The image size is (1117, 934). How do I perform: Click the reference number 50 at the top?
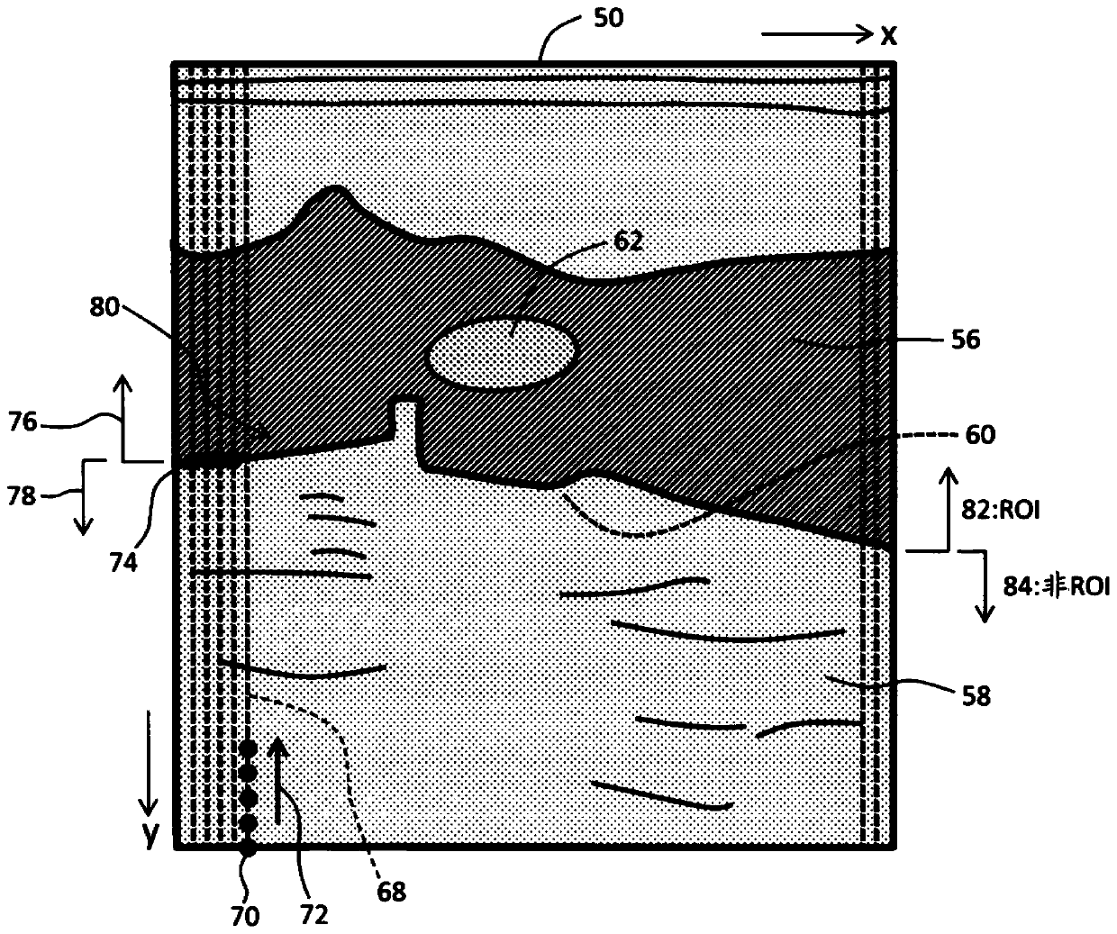pyautogui.click(x=608, y=18)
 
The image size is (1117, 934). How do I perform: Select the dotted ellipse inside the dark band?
pyautogui.click(x=502, y=353)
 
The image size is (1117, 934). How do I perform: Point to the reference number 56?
pyautogui.click(x=966, y=340)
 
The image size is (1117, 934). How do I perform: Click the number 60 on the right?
pyautogui.click(x=981, y=435)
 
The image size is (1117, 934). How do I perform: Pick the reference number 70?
pyautogui.click(x=245, y=916)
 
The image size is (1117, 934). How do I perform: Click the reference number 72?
pyautogui.click(x=314, y=914)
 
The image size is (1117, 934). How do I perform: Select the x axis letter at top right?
pyautogui.click(x=888, y=35)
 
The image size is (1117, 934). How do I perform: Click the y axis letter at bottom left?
pyautogui.click(x=150, y=836)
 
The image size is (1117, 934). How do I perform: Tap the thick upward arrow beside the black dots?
pyautogui.click(x=280, y=779)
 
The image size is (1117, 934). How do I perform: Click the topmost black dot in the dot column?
pyautogui.click(x=249, y=748)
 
